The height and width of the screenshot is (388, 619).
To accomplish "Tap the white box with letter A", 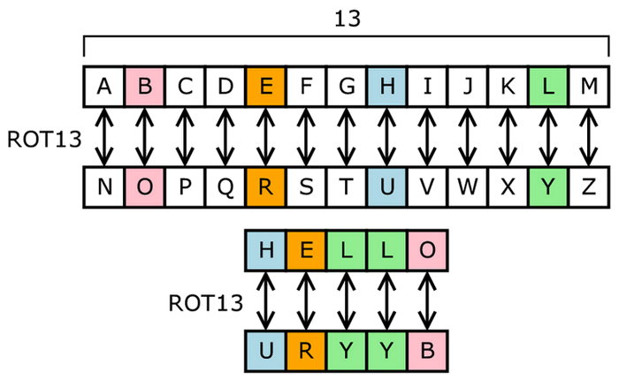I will [104, 87].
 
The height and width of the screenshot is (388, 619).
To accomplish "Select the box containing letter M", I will [588, 87].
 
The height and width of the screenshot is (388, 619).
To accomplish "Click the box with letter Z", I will [588, 186].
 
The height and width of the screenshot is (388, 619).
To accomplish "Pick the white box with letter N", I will [104, 186].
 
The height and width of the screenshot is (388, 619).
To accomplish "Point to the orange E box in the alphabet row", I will [265, 87].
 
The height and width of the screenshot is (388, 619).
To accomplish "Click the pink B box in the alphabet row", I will [144, 87].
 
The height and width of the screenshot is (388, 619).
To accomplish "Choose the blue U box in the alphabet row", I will [386, 186].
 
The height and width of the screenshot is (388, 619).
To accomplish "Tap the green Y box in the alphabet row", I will [547, 186].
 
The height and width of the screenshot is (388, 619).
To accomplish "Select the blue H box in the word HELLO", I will [265, 251].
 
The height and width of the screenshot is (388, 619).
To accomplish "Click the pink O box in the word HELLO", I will [427, 251].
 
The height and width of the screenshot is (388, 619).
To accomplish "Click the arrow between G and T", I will [346, 137].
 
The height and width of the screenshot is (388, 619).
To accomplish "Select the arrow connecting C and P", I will [185, 137].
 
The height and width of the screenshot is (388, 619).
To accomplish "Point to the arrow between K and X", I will [508, 137].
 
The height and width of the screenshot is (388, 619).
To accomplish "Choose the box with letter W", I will [467, 186].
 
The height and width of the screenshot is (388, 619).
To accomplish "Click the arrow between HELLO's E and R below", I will [306, 301].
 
